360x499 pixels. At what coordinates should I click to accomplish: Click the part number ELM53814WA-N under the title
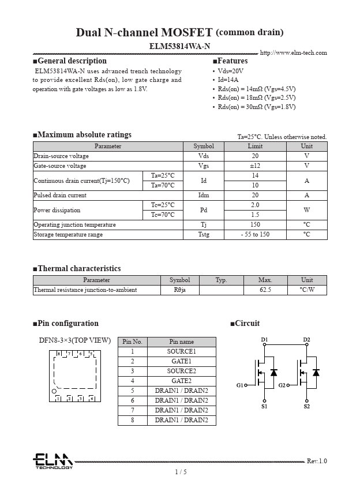179,46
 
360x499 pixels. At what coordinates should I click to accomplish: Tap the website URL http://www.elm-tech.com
293,53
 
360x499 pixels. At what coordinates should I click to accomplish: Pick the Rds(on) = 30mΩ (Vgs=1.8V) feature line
256,107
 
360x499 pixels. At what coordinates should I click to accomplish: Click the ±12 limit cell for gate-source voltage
255,166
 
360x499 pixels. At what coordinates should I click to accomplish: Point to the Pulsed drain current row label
60,195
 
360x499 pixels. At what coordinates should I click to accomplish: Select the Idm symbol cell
203,195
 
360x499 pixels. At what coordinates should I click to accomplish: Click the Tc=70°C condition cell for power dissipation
163,215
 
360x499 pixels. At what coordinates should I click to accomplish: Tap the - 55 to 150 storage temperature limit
255,234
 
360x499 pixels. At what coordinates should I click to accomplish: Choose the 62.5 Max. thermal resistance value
265,290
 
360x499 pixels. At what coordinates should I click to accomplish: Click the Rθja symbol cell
179,290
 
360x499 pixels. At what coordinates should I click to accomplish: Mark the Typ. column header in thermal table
221,280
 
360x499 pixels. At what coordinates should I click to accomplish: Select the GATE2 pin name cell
181,381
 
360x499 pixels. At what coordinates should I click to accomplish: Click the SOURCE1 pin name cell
181,351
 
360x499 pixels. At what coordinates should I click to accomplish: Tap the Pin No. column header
132,342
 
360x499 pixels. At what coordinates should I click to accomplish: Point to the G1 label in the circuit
239,385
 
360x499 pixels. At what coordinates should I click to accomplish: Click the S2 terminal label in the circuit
306,407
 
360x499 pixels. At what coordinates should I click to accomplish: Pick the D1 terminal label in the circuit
264,339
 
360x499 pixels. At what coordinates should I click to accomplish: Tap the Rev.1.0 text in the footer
316,461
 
